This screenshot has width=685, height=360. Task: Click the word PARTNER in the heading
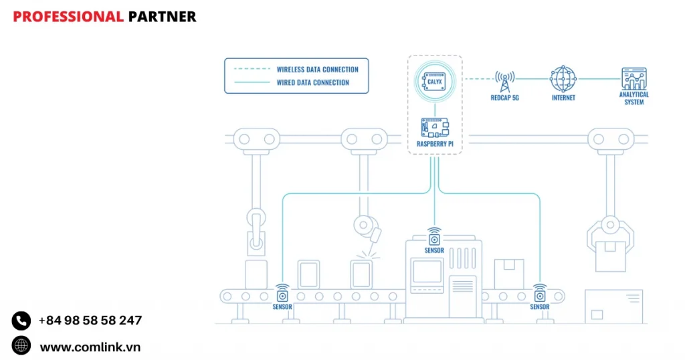(x=162, y=17)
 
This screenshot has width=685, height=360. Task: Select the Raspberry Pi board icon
(x=435, y=127)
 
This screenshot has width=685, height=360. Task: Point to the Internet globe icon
(x=563, y=78)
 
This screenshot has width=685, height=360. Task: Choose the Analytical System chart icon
(x=633, y=78)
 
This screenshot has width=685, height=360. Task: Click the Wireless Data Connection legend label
(x=318, y=70)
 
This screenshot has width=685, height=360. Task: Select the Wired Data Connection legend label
(x=313, y=83)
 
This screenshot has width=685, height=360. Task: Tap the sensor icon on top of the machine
(x=435, y=238)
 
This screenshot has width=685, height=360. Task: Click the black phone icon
(x=21, y=321)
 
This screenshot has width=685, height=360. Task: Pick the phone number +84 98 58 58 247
(x=90, y=321)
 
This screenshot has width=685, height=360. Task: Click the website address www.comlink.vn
(x=90, y=347)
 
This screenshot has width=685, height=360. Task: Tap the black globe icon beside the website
(x=21, y=346)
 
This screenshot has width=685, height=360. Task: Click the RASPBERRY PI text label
(x=435, y=144)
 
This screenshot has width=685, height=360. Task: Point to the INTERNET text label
(x=563, y=98)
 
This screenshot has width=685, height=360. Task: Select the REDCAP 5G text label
(x=505, y=98)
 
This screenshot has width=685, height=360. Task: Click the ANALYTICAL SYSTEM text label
(x=633, y=98)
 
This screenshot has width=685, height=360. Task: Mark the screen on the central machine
(x=427, y=271)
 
